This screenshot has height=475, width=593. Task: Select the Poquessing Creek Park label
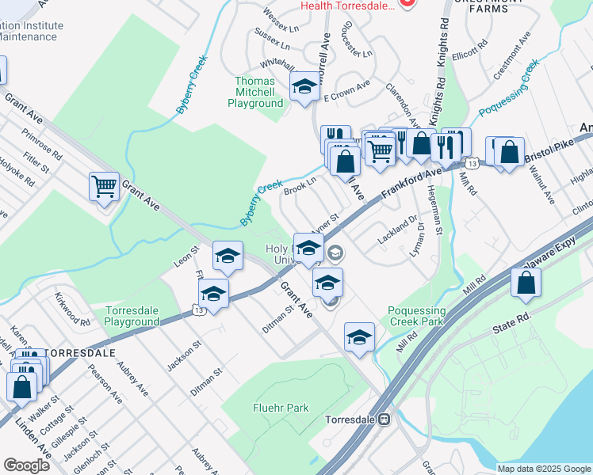tap(417, 316)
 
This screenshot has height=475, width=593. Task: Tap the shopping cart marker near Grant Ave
tap(104, 188)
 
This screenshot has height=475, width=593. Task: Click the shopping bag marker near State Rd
tap(526, 283)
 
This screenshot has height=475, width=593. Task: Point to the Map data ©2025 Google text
tap(543, 469)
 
